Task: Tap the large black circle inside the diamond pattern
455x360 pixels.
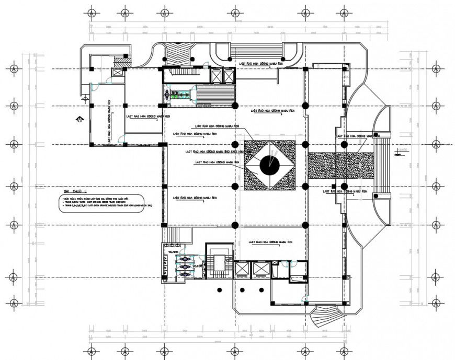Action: coord(269,166)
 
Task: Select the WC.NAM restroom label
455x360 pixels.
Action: coord(173,252)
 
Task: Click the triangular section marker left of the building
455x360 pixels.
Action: coord(79,119)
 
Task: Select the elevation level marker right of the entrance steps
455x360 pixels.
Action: coord(399,153)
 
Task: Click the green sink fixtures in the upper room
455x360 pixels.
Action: coord(178,95)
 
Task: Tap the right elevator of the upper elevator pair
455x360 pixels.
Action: coord(229,75)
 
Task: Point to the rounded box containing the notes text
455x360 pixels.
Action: coord(101,202)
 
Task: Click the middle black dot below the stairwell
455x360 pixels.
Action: coord(243,289)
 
